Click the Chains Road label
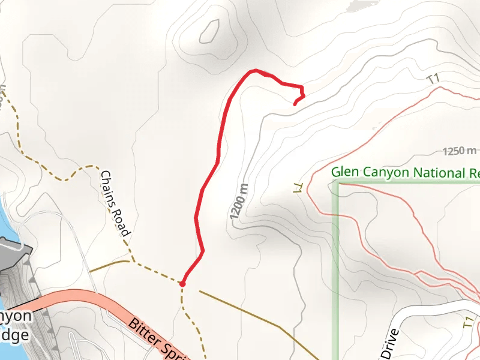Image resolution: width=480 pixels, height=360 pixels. (x=115, y=203)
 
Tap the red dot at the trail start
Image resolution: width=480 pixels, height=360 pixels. (x=182, y=284)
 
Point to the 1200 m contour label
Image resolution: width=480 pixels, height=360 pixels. (x=239, y=200)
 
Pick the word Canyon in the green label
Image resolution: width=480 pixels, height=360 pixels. (x=383, y=173)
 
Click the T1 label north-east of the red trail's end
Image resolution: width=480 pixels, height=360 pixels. (x=433, y=79)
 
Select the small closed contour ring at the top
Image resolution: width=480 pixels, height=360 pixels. (x=209, y=31)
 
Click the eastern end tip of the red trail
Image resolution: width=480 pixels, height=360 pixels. (x=295, y=104)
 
